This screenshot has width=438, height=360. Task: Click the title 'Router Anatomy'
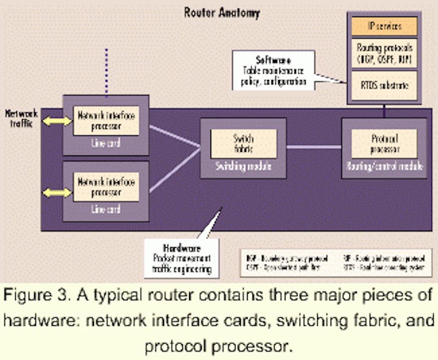click(x=222, y=12)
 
